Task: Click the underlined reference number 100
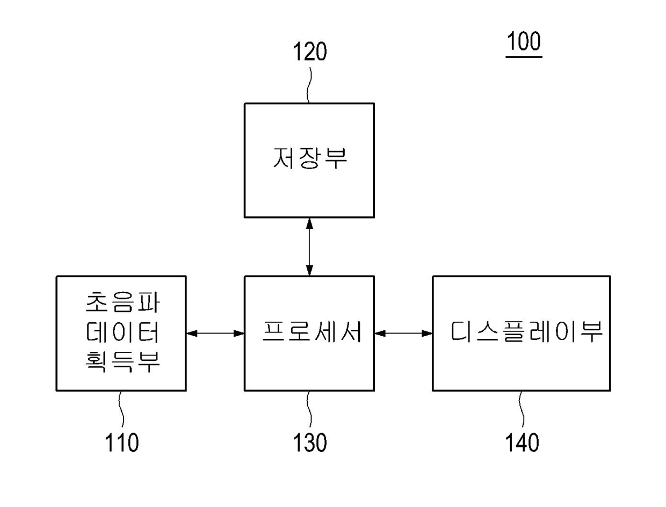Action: pos(523,42)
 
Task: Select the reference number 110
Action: pos(121,443)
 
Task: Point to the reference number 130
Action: pos(309,443)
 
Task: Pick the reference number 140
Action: pos(522,443)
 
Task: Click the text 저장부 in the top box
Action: pos(309,159)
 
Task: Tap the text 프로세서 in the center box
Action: pos(309,333)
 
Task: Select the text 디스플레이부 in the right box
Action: pos(526,333)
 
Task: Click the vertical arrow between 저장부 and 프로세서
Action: pos(309,247)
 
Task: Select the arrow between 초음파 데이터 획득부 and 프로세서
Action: pos(215,334)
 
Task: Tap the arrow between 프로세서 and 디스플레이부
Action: pos(403,334)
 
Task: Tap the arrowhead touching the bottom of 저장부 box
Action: pos(309,223)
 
